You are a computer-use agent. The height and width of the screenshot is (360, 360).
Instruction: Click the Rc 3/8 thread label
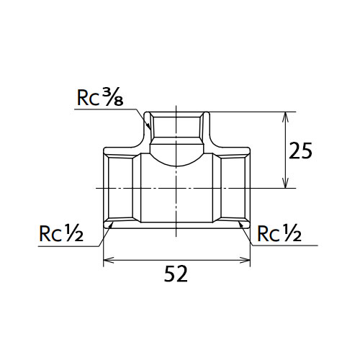[100, 97]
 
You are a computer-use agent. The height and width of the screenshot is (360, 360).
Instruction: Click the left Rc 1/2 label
[61, 233]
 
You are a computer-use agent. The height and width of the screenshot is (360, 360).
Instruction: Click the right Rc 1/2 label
[279, 233]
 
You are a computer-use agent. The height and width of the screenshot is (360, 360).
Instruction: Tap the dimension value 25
[300, 150]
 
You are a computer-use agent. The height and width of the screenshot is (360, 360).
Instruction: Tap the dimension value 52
[176, 274]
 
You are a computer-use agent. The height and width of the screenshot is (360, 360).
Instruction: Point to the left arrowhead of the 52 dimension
[108, 260]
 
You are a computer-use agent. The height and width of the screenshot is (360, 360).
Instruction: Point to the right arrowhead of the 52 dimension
[246, 260]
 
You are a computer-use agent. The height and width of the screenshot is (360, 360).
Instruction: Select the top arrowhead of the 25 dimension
[285, 117]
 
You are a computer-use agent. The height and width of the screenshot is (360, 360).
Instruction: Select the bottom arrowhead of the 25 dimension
[285, 183]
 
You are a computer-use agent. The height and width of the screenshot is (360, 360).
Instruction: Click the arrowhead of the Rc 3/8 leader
[149, 126]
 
